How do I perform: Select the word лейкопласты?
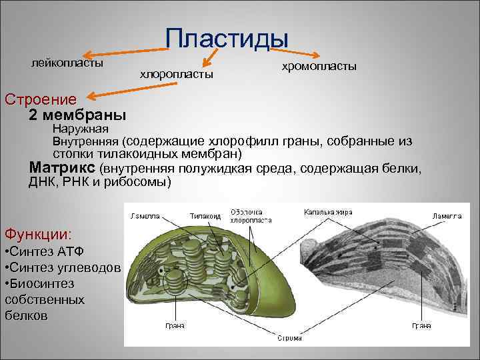[67, 63]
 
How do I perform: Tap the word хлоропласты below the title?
[177, 74]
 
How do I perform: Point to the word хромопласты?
[319, 67]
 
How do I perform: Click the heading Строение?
[41, 99]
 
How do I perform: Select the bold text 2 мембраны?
[77, 115]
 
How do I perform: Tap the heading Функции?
[38, 234]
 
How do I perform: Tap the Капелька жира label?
[329, 211]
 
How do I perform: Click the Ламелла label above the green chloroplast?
[145, 215]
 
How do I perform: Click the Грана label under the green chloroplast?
[175, 327]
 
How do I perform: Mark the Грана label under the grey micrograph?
[421, 326]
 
